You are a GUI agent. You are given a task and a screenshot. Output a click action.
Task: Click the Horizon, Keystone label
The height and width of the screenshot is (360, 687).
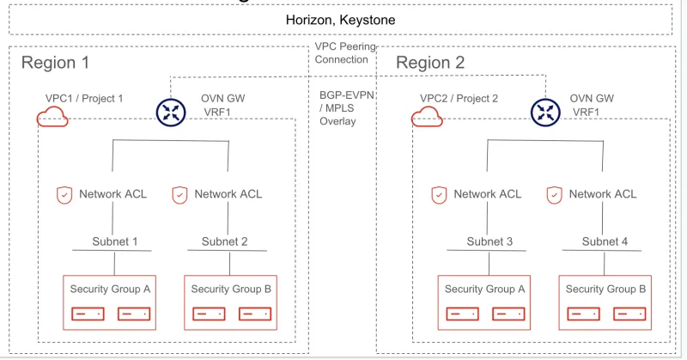[x=341, y=19]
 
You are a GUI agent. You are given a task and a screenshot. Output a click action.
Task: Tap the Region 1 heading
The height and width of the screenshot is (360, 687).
[x=55, y=63]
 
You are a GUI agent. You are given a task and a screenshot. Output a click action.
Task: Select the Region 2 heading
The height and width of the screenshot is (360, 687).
[x=430, y=63]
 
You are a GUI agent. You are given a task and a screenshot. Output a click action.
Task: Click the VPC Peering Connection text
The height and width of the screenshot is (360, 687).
[x=341, y=53]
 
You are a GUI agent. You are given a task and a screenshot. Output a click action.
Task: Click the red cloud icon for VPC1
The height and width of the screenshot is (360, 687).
[x=52, y=117]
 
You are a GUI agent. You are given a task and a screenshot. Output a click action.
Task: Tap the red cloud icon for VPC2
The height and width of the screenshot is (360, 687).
[x=427, y=117]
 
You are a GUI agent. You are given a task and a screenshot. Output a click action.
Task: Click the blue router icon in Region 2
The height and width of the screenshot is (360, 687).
[x=545, y=112]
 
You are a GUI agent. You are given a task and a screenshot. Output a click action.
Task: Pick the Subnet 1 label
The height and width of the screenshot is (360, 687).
[x=115, y=241]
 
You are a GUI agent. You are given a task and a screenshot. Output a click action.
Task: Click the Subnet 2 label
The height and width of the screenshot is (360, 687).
[x=225, y=241]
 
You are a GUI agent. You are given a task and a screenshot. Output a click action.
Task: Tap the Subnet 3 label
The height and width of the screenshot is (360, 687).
[x=489, y=241]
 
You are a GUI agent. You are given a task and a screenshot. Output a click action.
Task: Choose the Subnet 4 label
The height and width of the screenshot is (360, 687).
[x=605, y=241]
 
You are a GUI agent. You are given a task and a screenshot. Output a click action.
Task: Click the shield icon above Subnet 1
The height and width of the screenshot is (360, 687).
[x=64, y=194]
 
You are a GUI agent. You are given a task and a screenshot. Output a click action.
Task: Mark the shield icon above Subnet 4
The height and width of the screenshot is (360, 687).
[x=554, y=194]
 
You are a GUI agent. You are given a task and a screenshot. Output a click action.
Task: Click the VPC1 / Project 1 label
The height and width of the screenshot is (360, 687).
[x=84, y=99]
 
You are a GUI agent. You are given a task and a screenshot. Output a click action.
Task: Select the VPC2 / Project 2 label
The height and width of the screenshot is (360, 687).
[x=459, y=99]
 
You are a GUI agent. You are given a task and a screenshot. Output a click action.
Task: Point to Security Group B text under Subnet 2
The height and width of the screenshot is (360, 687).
[x=230, y=290]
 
